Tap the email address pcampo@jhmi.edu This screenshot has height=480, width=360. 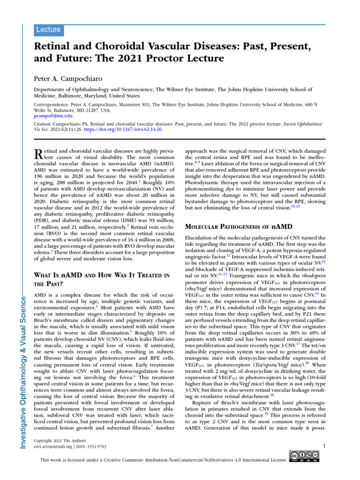(53, 115)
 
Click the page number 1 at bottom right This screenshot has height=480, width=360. (324, 446)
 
